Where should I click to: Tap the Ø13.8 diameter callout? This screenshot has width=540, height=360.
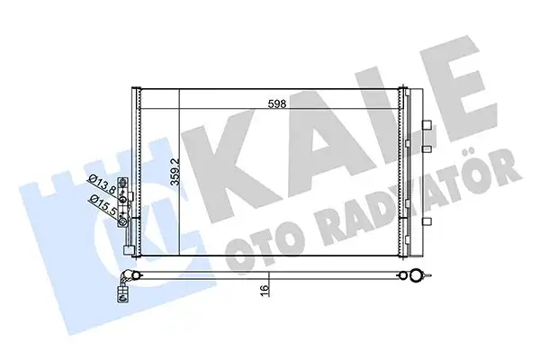pyautogui.click(x=101, y=185)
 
